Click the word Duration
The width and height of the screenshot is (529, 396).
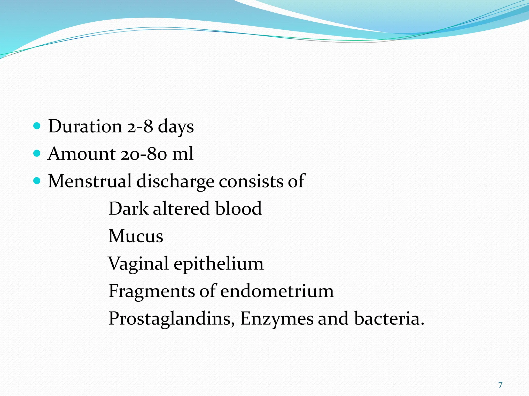(x=85, y=126)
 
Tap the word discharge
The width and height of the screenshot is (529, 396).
(x=175, y=181)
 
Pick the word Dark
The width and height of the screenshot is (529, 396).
(x=128, y=208)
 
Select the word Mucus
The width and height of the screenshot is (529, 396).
(x=136, y=236)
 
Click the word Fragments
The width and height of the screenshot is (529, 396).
(x=152, y=291)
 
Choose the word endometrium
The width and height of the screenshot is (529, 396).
(x=277, y=291)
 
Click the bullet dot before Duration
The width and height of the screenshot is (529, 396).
(x=37, y=126)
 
